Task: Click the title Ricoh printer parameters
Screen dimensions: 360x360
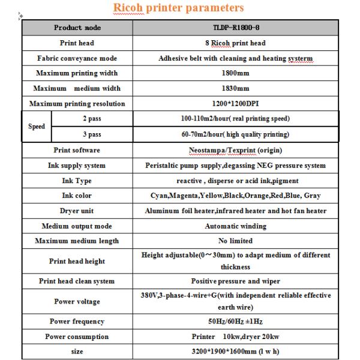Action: (x=179, y=8)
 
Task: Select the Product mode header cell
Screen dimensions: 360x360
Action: (x=77, y=28)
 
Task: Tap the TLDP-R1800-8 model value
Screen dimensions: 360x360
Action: (x=235, y=28)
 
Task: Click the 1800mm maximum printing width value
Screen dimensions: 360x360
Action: (x=235, y=73)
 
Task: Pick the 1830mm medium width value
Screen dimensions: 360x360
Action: (x=235, y=88)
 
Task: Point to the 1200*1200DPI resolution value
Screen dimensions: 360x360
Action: (x=235, y=104)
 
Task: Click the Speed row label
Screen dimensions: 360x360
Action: (x=37, y=127)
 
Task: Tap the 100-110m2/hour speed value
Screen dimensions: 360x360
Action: (x=235, y=119)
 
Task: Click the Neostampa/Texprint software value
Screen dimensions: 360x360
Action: (x=235, y=150)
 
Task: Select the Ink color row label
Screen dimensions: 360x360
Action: (x=77, y=196)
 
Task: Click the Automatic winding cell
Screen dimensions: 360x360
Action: (x=235, y=226)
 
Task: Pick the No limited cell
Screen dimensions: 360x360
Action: (x=235, y=241)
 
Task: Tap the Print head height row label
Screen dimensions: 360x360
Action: (x=77, y=261)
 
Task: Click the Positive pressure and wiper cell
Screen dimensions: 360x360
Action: (x=235, y=281)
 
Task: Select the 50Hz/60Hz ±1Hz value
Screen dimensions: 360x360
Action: (x=235, y=322)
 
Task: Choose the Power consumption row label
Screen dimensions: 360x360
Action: (x=77, y=337)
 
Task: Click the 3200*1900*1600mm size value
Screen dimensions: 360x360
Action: (x=235, y=352)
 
